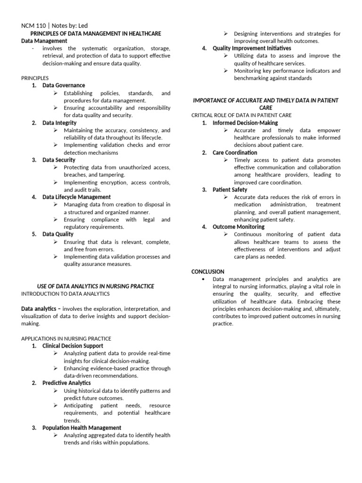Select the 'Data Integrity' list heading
pos(59,123)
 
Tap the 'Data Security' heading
pos(59,160)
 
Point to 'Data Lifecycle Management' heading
pos(76,197)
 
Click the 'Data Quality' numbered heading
pos(58,234)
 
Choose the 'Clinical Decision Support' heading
pos(73,346)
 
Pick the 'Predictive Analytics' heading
pos(66,383)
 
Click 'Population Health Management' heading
pos(79,428)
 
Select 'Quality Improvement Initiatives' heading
pos(252,48)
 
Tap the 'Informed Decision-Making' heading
pos(245,123)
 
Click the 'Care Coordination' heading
pos(235,152)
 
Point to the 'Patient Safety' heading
pos(230,190)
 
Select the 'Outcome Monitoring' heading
pos(239,227)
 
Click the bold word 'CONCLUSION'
pos(208,272)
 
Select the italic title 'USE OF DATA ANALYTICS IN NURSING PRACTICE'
pos(96,286)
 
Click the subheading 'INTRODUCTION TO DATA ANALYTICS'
pos(66,294)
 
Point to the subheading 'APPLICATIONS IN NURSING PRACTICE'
pos(66,338)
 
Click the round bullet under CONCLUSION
pos(203,279)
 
